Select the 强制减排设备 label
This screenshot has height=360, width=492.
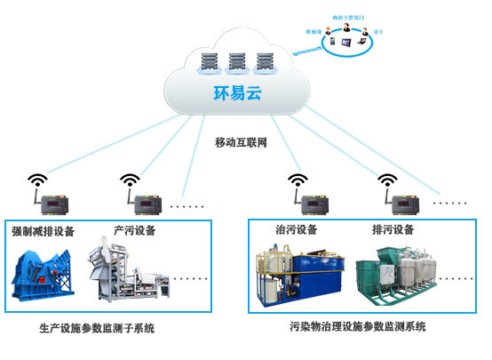click(43, 231)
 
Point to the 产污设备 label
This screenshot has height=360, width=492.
click(135, 230)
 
